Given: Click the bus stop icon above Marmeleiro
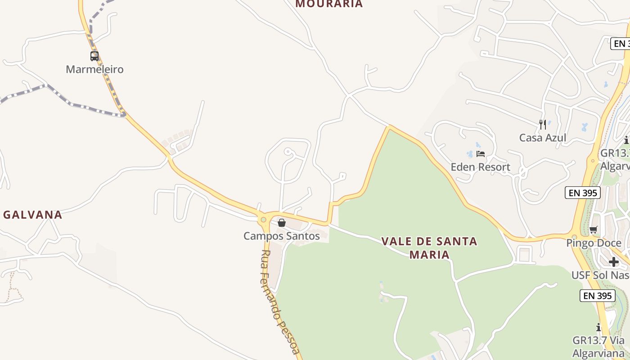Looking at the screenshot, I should click(x=94, y=56).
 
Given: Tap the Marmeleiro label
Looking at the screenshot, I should click(x=94, y=69).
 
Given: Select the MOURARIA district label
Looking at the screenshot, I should click(x=329, y=4).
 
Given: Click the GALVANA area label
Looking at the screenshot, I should click(x=33, y=215).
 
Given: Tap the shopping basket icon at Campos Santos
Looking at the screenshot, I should click(x=282, y=223).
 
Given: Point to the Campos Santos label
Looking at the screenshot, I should click(x=282, y=236).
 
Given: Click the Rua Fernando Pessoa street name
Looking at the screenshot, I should click(x=279, y=301).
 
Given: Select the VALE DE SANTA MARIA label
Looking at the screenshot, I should click(x=429, y=248).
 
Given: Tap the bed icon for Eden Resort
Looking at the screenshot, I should click(x=481, y=154).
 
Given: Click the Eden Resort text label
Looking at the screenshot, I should click(x=481, y=167).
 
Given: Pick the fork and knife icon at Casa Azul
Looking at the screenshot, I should click(x=543, y=124).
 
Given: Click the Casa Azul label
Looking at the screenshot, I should click(x=543, y=138).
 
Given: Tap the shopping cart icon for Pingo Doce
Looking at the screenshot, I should click(x=594, y=230).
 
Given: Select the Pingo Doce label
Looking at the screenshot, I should click(x=594, y=243).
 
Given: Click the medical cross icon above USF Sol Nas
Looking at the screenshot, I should click(x=614, y=262).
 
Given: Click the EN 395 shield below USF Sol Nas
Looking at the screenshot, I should click(x=598, y=296).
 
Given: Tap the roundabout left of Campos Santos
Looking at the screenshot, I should click(x=263, y=220).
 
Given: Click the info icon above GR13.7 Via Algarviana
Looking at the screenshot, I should click(x=598, y=327).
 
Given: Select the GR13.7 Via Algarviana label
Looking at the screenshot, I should click(x=598, y=346).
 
